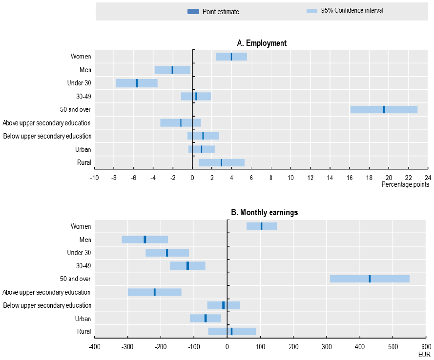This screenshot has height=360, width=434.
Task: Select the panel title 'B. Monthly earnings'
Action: point(264,213)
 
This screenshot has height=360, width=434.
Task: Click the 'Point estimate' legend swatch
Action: point(193,12)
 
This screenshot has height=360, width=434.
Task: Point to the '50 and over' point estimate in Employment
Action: point(384,109)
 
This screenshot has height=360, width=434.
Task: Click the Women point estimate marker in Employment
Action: point(231,57)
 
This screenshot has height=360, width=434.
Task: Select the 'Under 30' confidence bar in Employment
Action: point(137,83)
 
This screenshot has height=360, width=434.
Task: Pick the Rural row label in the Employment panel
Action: point(84,162)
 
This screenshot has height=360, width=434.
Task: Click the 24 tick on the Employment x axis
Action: point(428,177)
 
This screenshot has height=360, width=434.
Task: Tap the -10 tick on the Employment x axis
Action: point(94,177)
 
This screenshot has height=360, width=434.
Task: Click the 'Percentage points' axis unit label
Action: point(405,184)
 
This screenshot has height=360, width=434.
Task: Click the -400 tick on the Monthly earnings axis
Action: point(94,347)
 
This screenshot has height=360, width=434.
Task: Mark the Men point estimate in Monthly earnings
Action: point(145,240)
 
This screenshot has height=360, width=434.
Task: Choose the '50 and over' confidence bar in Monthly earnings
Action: point(370,279)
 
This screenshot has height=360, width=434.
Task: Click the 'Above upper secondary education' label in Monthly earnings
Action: point(46,292)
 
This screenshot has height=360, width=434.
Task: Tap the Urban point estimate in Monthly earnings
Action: point(206,319)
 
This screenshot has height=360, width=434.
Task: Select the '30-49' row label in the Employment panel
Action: point(84,96)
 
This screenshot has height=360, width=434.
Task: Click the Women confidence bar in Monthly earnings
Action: point(262,226)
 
